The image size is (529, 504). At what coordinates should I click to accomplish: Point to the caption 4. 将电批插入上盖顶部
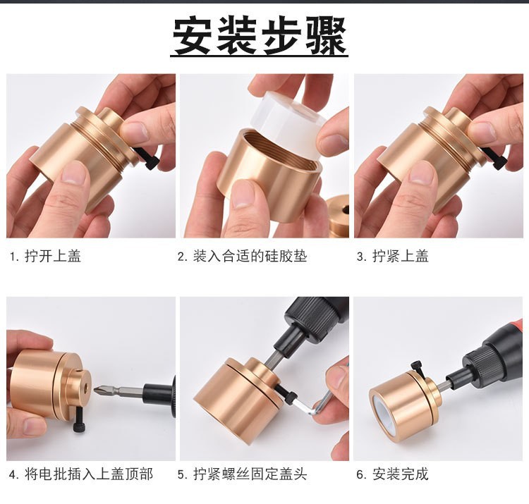[80, 474]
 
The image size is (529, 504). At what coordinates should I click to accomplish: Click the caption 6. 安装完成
[392, 474]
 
